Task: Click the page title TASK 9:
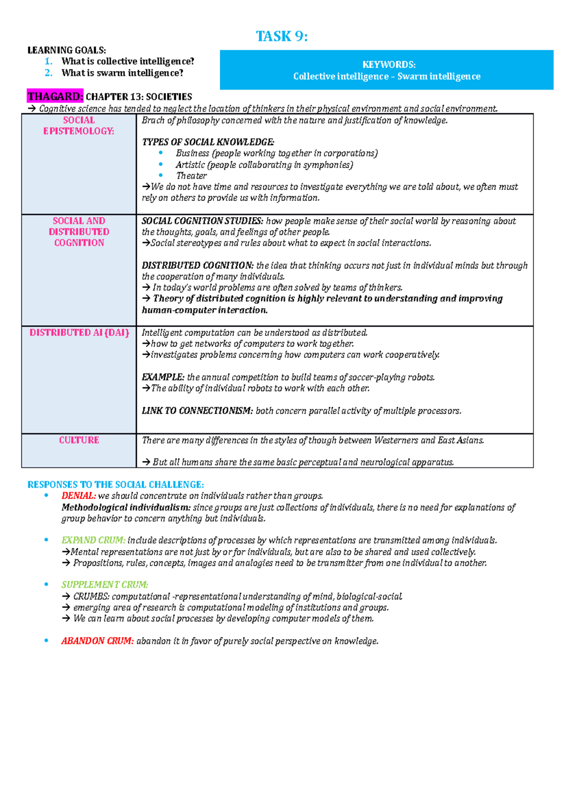[282, 36]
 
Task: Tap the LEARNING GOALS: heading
[67, 50]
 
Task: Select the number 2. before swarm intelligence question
[48, 73]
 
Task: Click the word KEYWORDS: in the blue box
[389, 65]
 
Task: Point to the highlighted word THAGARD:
[55, 97]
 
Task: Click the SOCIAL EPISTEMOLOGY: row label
[79, 125]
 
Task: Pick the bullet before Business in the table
[161, 153]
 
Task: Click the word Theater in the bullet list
[191, 175]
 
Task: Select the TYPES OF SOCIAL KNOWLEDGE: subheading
[208, 142]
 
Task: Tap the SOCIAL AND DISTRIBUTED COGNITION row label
[79, 232]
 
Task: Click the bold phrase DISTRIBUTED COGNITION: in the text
[198, 266]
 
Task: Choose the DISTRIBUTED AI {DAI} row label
[79, 333]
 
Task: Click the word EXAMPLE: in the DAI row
[163, 377]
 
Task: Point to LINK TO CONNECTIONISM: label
[197, 411]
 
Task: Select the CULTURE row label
[79, 440]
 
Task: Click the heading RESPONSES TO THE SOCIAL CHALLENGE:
[116, 484]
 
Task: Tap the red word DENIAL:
[78, 496]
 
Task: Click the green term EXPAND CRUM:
[93, 540]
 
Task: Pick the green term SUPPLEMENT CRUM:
[104, 584]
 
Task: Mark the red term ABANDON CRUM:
[97, 641]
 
